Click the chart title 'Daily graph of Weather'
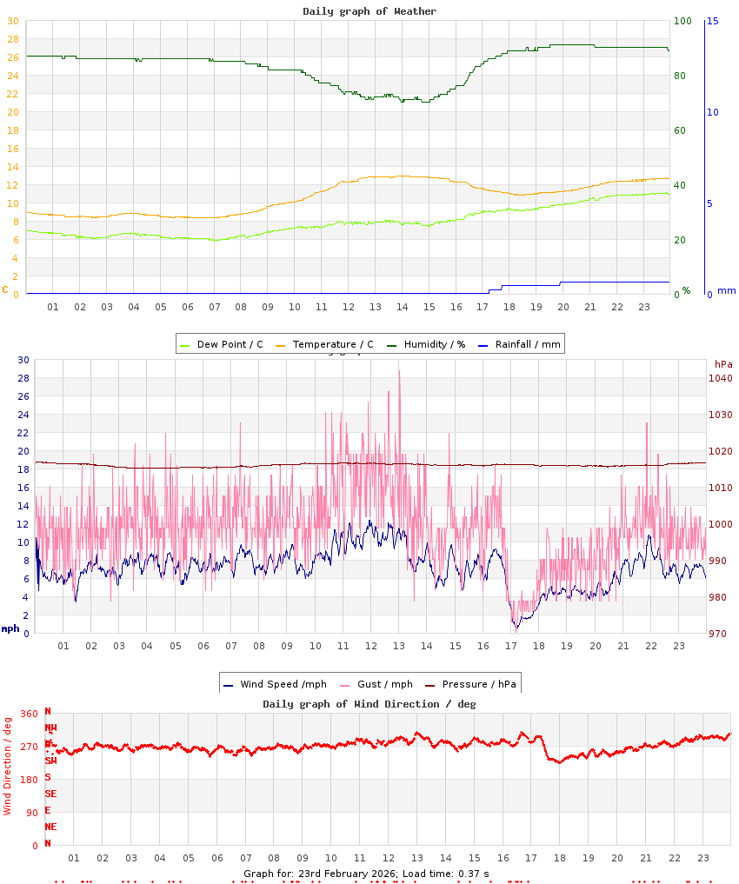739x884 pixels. click(369, 11)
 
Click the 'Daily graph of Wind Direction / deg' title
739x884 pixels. click(369, 703)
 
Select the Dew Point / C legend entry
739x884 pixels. click(221, 344)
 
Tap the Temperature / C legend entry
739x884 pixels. click(324, 344)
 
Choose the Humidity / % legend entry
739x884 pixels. click(425, 344)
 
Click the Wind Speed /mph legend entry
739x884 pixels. click(266, 684)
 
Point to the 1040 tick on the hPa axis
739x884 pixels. click(722, 378)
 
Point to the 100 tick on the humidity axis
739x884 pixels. click(682, 21)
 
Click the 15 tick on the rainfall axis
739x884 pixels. click(713, 21)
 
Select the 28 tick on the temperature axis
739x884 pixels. click(13, 39)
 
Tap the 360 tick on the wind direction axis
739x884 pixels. click(29, 714)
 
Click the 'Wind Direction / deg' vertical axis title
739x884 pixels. click(8, 765)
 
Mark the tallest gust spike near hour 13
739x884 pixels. click(399, 372)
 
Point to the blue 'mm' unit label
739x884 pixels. click(726, 291)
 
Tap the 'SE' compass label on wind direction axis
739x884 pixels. click(50, 794)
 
